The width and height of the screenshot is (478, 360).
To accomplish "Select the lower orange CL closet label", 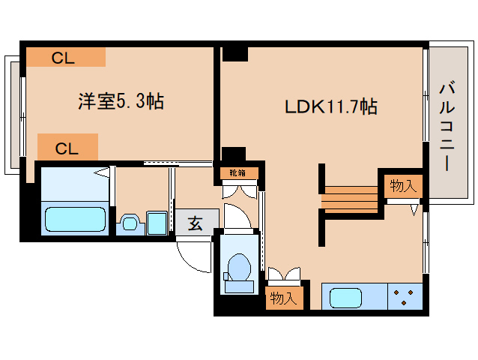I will [x=67, y=147].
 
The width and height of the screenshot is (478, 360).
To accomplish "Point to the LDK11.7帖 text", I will [x=330, y=106].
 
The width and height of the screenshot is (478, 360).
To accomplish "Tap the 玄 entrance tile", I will [x=195, y=223].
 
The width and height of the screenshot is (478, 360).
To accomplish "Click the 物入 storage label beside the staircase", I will [x=403, y=186].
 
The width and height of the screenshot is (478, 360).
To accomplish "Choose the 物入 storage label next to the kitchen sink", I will [x=283, y=298].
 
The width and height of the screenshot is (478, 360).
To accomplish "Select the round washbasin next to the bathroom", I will [x=129, y=223].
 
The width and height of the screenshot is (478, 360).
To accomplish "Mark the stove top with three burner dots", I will [x=405, y=296].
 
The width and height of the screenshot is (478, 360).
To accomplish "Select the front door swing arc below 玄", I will [x=193, y=257].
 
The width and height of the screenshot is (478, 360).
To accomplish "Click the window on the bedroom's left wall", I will [x=13, y=112].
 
